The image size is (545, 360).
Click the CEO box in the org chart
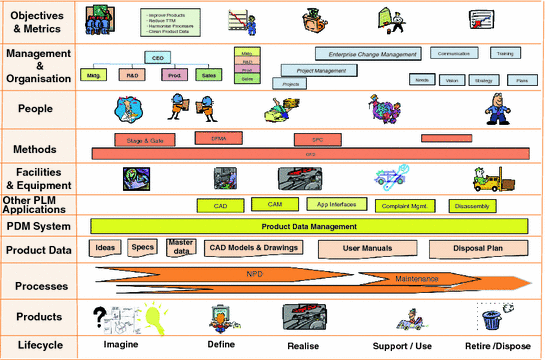[x=158, y=59]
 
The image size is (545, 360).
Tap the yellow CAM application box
[x=274, y=205]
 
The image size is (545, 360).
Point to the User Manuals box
[x=366, y=248]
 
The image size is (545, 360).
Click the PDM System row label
[x=40, y=226]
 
